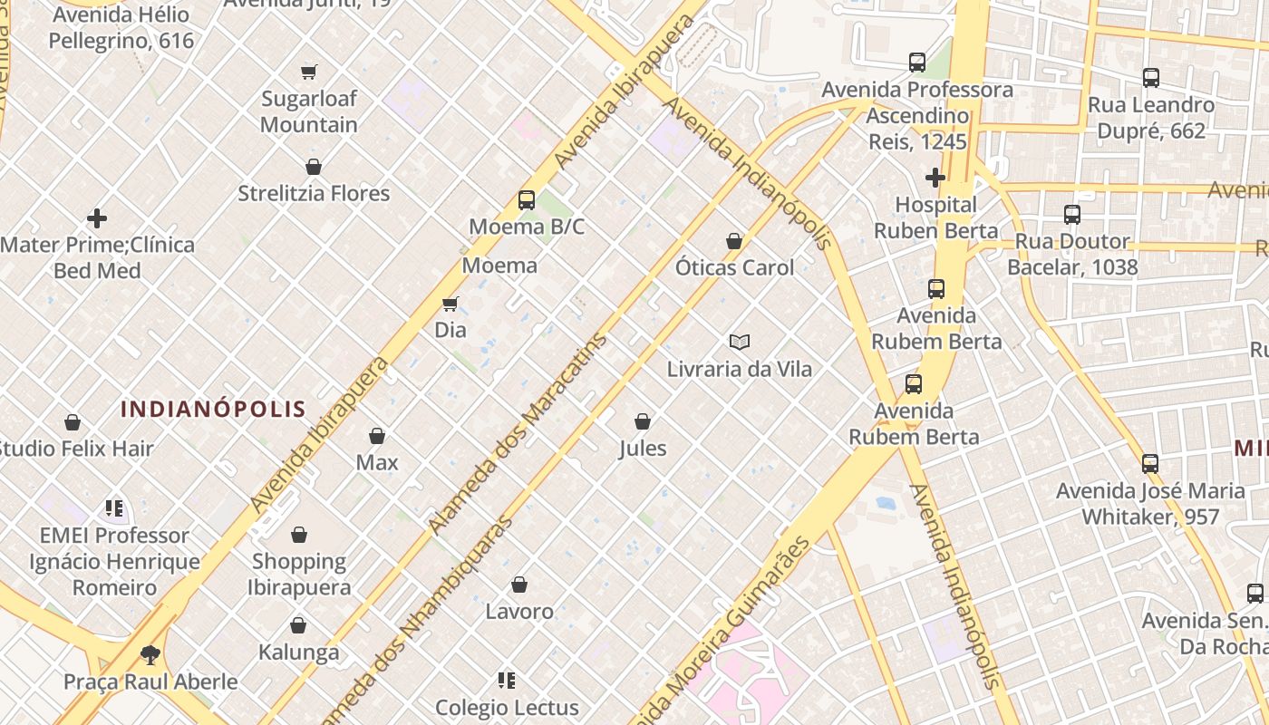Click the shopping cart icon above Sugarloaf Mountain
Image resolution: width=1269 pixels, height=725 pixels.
point(309,72)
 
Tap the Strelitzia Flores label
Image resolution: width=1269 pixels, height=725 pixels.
point(314,193)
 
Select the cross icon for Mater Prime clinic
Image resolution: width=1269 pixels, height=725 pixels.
point(97,218)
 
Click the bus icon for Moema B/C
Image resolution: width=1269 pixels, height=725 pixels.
point(527,200)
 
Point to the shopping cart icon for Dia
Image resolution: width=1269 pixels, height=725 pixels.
point(450,304)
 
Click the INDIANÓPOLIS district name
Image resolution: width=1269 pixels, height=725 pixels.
point(214,409)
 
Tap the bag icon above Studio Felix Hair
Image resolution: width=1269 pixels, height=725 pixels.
point(73,422)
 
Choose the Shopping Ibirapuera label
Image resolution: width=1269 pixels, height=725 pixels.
point(300,574)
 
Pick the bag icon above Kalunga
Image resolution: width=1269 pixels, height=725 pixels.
point(298,625)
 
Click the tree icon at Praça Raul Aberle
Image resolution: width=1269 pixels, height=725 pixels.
point(150,654)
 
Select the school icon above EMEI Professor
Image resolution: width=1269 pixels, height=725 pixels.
point(114,508)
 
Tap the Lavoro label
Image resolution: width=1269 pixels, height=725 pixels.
point(519,612)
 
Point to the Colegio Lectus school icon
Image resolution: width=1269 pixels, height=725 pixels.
point(507,680)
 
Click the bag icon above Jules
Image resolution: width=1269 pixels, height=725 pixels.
point(643,421)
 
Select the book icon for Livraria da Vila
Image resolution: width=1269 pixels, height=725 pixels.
point(740,342)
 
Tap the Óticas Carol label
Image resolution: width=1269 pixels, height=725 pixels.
point(734,267)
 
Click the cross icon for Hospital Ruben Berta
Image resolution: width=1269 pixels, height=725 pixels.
point(935,177)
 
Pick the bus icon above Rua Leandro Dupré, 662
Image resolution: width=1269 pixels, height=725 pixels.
point(1151,78)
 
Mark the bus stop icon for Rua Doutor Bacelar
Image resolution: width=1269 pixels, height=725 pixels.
point(1072,215)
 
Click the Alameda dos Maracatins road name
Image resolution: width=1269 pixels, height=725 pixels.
point(518,434)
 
